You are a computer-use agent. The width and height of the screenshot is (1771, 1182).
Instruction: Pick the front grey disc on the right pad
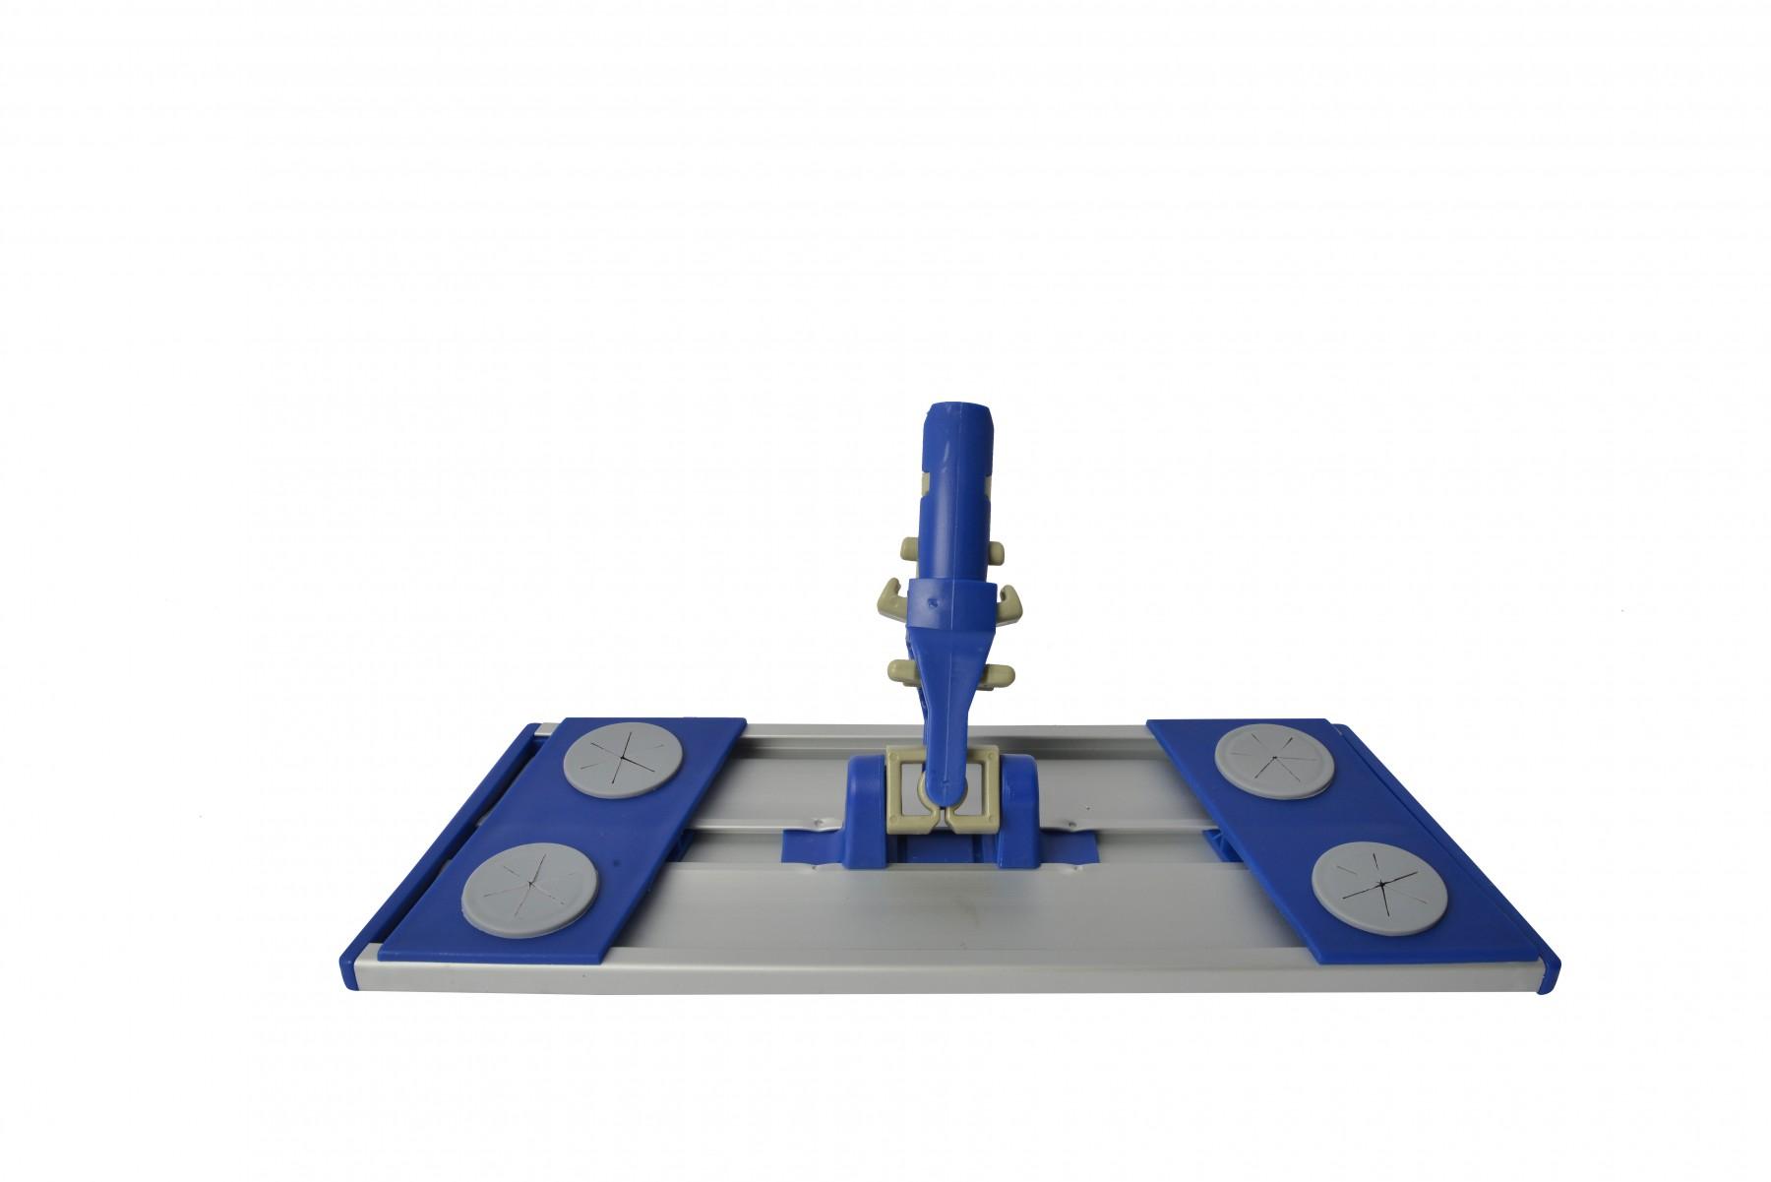coord(1378,879)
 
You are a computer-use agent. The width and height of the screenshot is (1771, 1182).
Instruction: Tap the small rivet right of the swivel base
coord(1068,816)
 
